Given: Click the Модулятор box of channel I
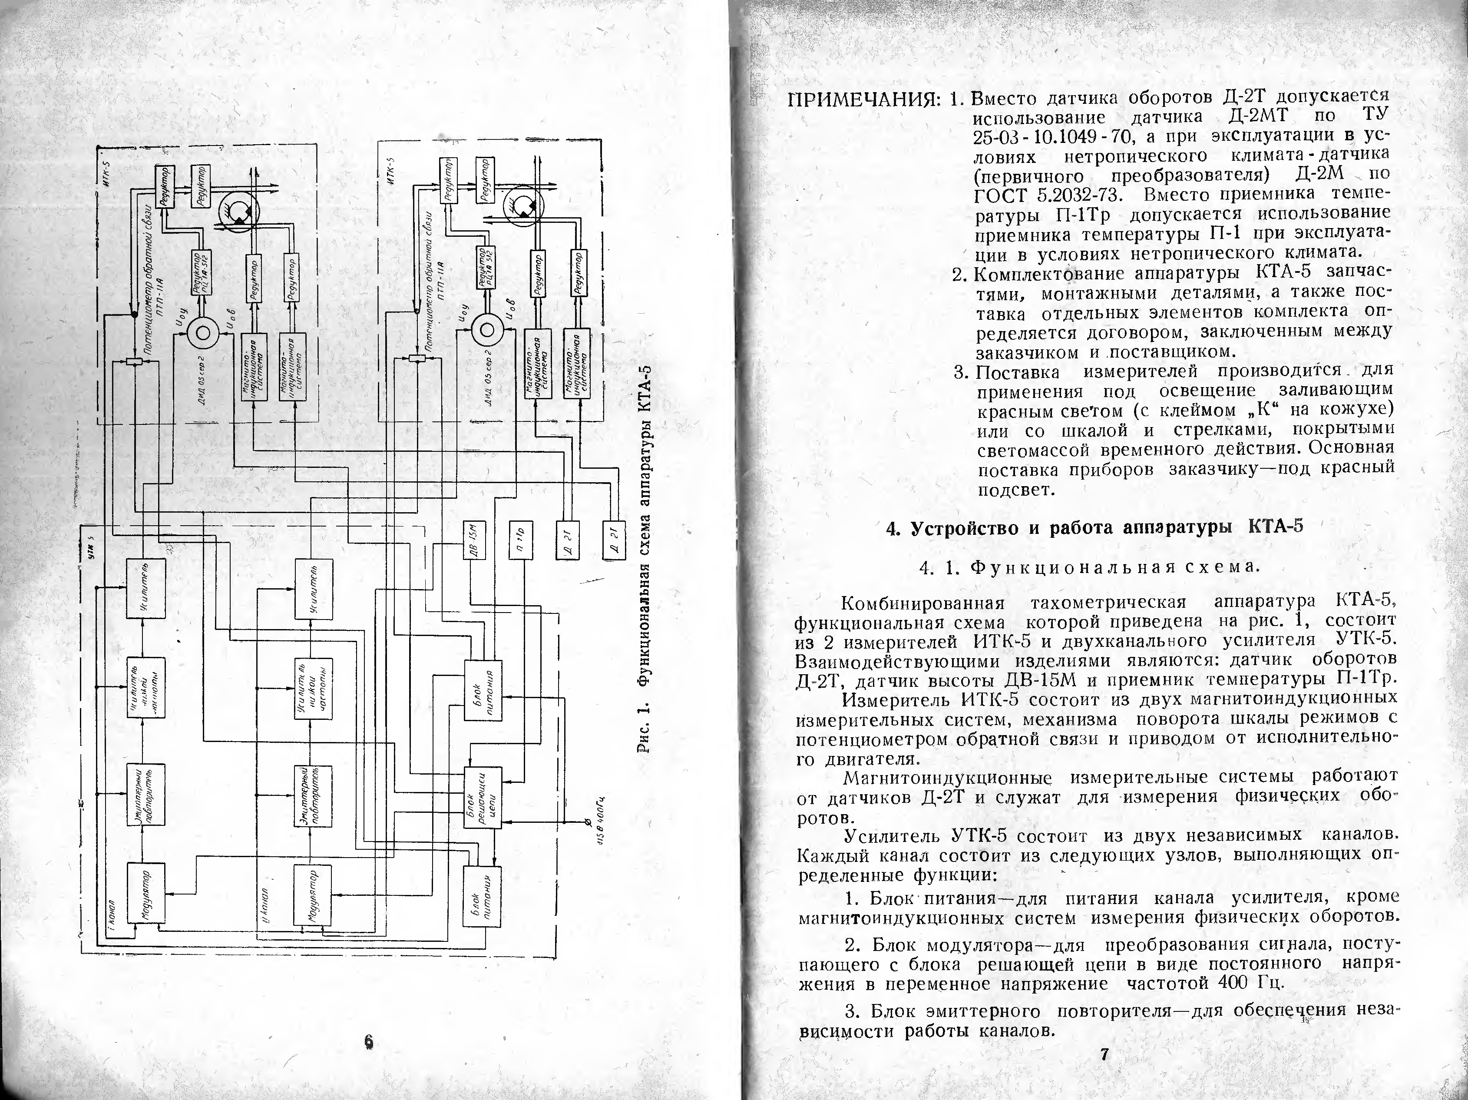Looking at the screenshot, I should [146, 894].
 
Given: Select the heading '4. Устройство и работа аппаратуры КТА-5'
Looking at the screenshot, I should [1095, 528].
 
